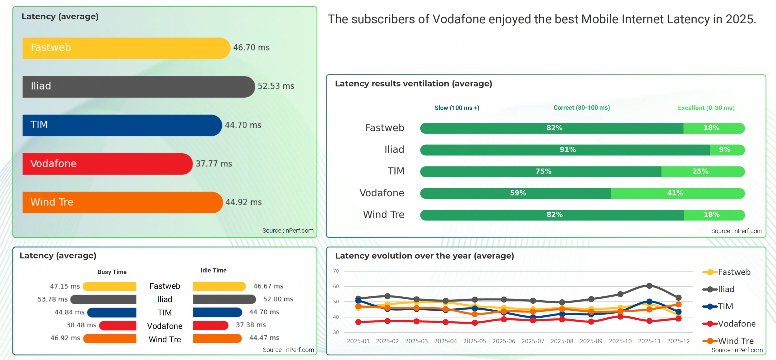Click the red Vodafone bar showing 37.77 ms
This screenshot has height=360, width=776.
pyautogui.click(x=107, y=164)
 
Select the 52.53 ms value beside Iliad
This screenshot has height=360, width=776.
pyautogui.click(x=276, y=86)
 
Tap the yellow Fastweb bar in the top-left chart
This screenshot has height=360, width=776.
pyautogui.click(x=126, y=48)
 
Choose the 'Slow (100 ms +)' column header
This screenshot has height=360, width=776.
pyautogui.click(x=457, y=108)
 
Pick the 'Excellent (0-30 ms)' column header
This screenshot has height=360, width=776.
pyautogui.click(x=706, y=108)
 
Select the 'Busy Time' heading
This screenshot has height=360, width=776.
pyautogui.click(x=112, y=272)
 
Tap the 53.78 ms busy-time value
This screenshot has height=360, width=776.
pyautogui.click(x=52, y=299)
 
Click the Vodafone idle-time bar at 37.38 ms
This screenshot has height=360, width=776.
pyautogui.click(x=210, y=325)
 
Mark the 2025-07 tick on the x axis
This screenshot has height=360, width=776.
pyautogui.click(x=533, y=341)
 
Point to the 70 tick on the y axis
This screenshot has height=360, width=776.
pyautogui.click(x=336, y=271)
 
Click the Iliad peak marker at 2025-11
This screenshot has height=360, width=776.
pyautogui.click(x=649, y=286)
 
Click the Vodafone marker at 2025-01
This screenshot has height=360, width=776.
pyautogui.click(x=358, y=322)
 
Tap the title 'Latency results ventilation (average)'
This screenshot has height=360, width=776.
pyautogui.click(x=413, y=84)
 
